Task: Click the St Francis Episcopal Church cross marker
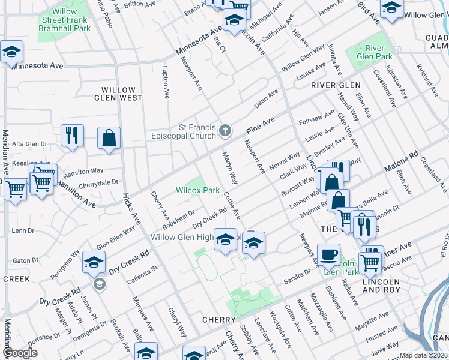(x=225, y=130)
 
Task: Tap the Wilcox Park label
(x=197, y=190)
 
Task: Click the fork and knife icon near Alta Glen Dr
(x=72, y=136)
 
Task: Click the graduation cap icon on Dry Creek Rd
(x=94, y=262)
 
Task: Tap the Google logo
(x=20, y=353)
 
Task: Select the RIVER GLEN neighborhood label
(x=336, y=86)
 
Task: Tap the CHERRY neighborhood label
(x=217, y=320)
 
